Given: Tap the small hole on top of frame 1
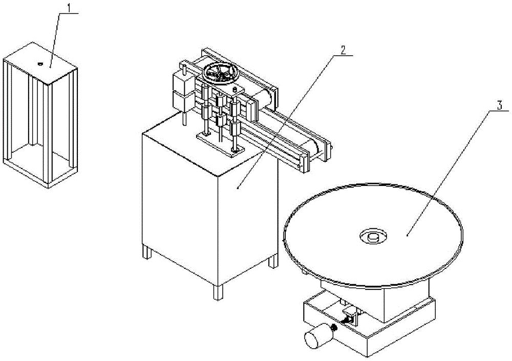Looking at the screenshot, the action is [40, 64].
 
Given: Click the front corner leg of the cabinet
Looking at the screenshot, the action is [218, 292].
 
